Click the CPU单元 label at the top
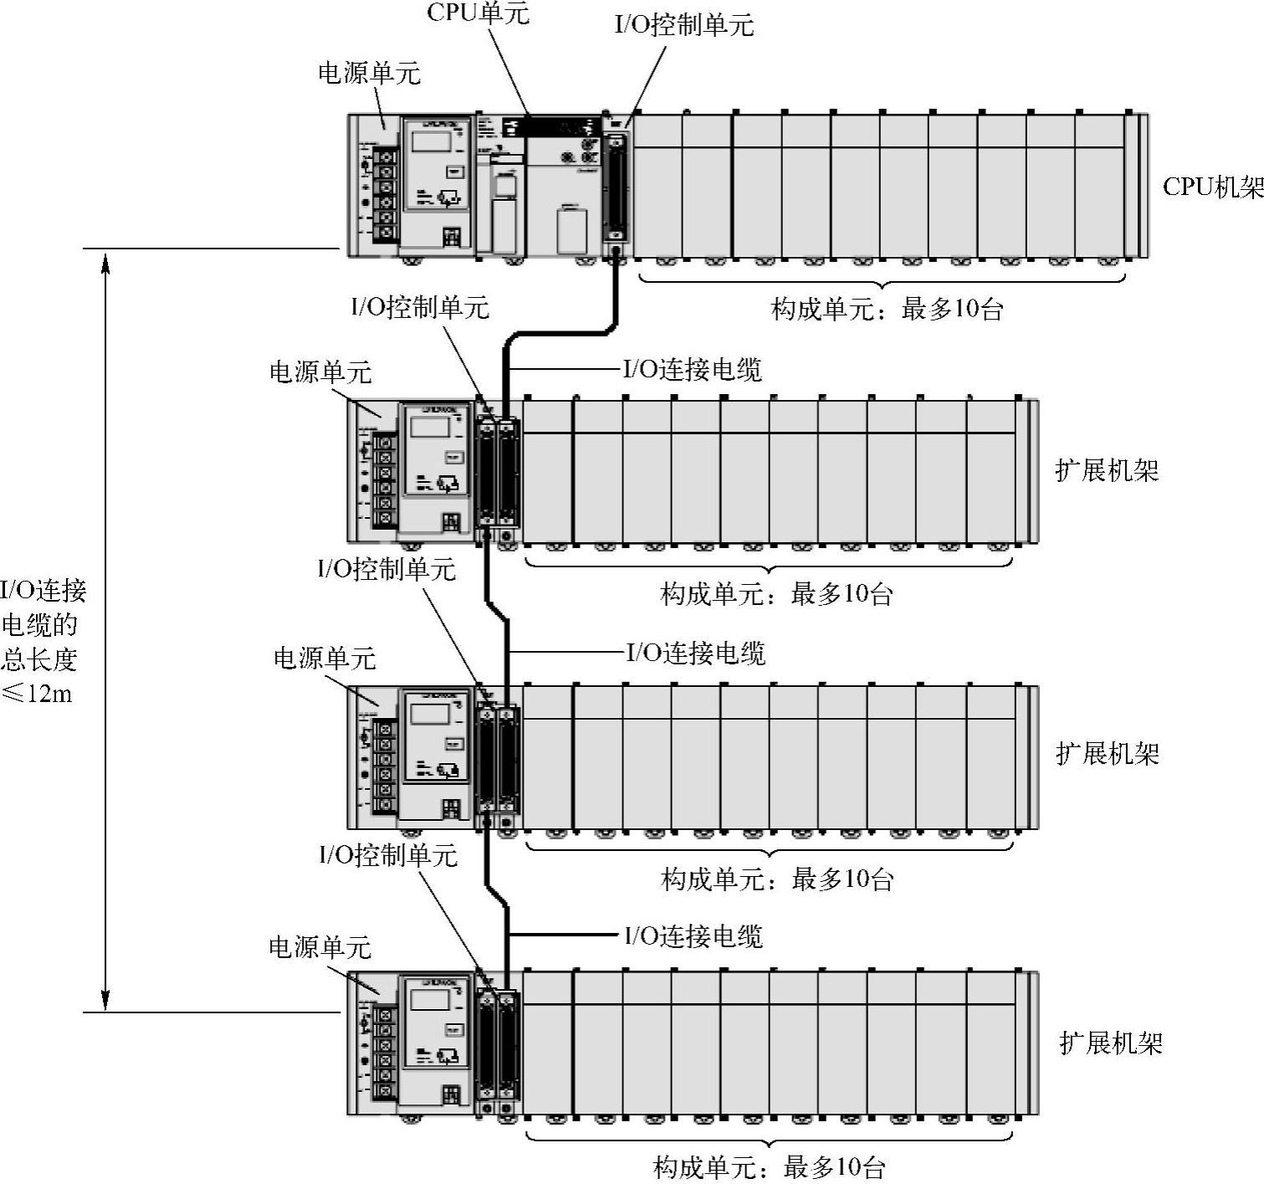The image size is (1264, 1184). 478,13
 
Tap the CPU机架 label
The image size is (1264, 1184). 1212,187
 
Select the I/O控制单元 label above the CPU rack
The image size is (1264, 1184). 683,25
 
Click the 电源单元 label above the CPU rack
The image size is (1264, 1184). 369,74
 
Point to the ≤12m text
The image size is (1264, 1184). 38,693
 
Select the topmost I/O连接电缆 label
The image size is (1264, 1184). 693,369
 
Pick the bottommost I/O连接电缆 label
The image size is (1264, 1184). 693,935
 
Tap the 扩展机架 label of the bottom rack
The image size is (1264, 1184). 1111,1043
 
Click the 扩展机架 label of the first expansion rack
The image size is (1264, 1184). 1107,470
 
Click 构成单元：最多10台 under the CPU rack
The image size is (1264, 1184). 887,310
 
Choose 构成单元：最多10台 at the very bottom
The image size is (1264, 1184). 769,1167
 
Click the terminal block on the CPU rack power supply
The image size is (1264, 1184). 384,194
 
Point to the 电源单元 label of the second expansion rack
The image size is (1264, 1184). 325,659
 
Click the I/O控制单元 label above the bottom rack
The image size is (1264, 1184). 388,855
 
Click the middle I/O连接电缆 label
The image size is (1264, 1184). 696,653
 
